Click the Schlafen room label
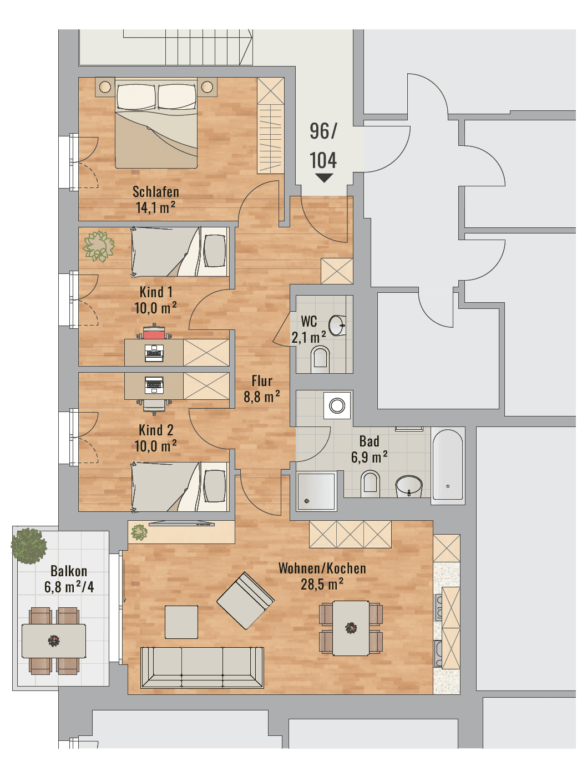[x=156, y=192]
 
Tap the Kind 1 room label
[x=156, y=292]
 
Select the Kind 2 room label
[x=156, y=430]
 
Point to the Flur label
[x=262, y=381]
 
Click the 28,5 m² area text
[x=322, y=585]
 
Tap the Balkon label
[x=69, y=571]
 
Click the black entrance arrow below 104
[x=323, y=178]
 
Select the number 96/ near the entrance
[x=323, y=131]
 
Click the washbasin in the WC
[x=338, y=326]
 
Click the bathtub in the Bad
[x=447, y=465]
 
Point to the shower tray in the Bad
[x=317, y=491]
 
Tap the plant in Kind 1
[x=99, y=246]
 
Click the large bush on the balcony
[x=29, y=546]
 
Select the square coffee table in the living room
[x=181, y=622]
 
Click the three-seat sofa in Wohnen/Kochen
[x=201, y=668]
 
